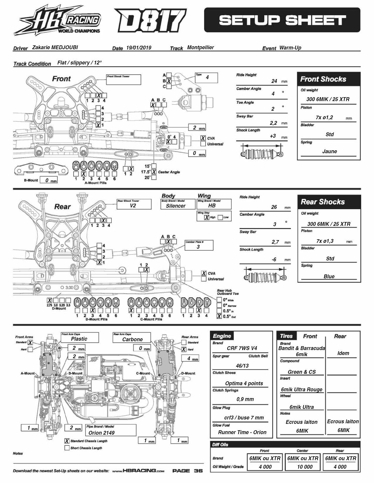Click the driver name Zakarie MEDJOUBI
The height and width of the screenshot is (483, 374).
(55, 47)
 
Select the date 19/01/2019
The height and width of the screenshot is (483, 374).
(139, 48)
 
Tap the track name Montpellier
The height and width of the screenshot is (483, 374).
(200, 47)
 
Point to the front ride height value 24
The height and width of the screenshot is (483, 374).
(274, 81)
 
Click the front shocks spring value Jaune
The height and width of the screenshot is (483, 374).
(329, 151)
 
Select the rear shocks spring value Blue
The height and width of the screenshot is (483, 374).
(329, 276)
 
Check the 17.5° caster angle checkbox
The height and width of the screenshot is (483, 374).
(154, 172)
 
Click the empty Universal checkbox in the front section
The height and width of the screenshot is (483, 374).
(203, 144)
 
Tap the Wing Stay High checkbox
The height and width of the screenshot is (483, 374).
(207, 217)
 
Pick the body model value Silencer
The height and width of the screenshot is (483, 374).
(176, 206)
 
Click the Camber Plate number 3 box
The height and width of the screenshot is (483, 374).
(198, 247)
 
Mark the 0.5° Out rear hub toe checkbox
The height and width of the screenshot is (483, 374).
(219, 316)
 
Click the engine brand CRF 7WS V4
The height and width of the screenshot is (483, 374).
(242, 348)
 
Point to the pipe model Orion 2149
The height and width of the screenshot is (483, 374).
(101, 433)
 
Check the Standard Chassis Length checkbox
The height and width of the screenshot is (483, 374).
(67, 441)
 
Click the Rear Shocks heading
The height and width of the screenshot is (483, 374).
(323, 202)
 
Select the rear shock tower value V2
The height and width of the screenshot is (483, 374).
(133, 206)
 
